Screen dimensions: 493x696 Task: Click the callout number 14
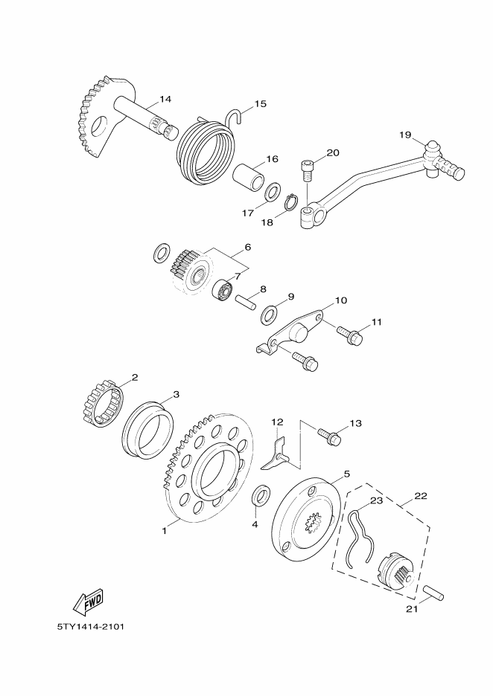165,99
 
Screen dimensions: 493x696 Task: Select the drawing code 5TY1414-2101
90,627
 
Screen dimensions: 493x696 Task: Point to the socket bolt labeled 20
308,170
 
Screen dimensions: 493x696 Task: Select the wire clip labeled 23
359,537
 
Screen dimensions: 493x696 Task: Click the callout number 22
421,495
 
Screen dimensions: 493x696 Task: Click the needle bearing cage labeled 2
103,402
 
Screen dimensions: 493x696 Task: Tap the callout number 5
347,474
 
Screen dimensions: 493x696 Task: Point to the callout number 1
164,530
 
